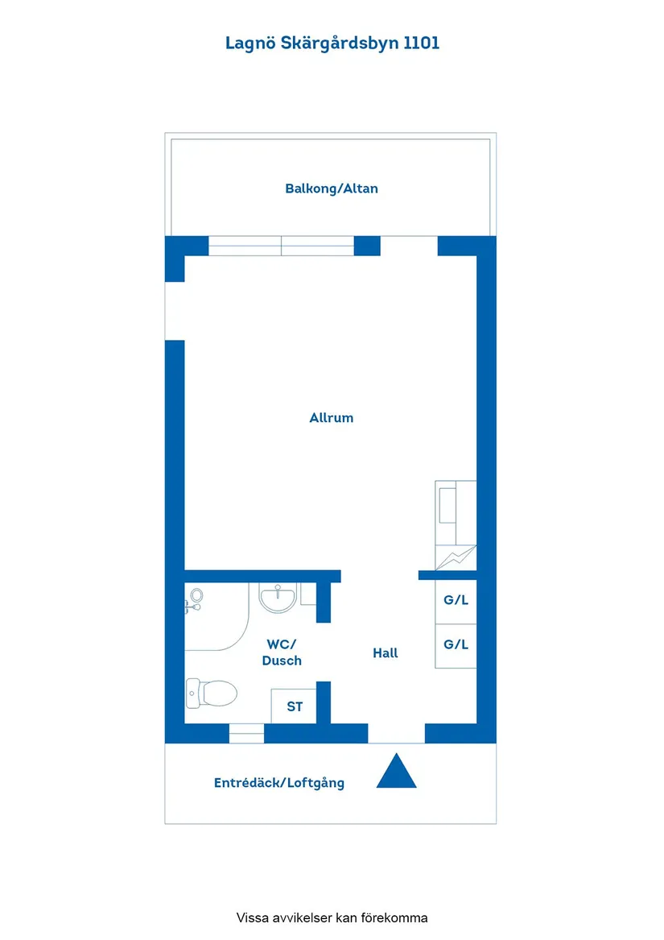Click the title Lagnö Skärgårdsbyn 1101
tap(332, 43)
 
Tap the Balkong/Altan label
tap(332, 188)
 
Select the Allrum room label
tap(332, 418)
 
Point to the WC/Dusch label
tap(282, 652)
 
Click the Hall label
tap(386, 652)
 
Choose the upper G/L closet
tap(456, 601)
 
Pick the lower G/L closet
tap(456, 646)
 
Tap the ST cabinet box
tap(294, 706)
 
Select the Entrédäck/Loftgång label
tap(279, 783)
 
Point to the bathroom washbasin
tap(278, 598)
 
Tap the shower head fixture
tap(194, 600)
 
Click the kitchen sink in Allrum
tap(447, 505)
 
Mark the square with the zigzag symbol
tap(456, 557)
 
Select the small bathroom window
tap(246, 733)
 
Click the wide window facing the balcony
tap(281, 246)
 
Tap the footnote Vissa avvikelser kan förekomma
tap(332, 917)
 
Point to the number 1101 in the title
tap(421, 43)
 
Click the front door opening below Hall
tap(396, 733)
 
